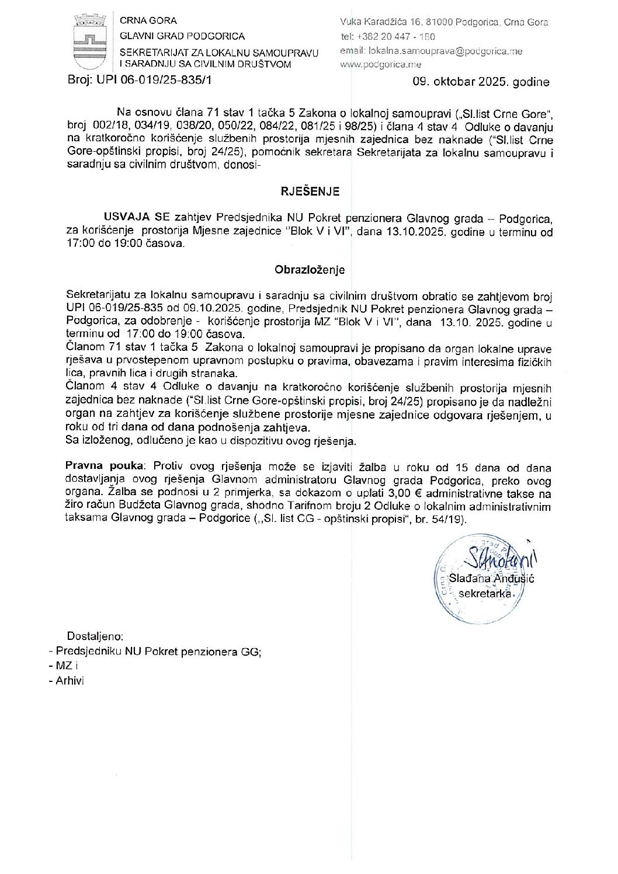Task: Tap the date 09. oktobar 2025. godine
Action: click(x=481, y=82)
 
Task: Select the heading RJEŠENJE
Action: click(x=309, y=191)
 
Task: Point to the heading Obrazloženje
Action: click(x=310, y=270)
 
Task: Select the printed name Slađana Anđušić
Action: click(x=493, y=579)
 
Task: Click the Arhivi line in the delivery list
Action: click(x=70, y=681)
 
